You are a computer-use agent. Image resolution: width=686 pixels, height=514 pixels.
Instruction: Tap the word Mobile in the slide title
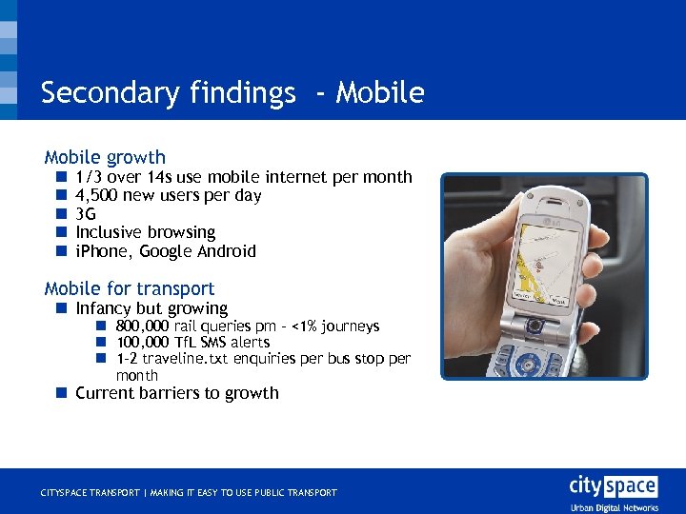point(380,93)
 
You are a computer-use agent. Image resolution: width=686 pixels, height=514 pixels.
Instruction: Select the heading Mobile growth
point(105,158)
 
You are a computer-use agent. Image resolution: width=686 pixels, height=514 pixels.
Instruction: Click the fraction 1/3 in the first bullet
point(89,177)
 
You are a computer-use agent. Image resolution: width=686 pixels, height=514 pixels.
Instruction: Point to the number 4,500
point(97,195)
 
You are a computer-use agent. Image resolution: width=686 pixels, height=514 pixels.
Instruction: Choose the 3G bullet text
point(86,214)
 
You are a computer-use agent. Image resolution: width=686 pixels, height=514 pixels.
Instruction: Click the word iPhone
point(104,251)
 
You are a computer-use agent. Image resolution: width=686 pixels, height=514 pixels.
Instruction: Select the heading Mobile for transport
point(130,288)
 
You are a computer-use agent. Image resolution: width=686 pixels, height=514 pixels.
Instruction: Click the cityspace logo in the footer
point(613,487)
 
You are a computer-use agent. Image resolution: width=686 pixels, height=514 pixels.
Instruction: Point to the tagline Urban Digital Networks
point(614,507)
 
